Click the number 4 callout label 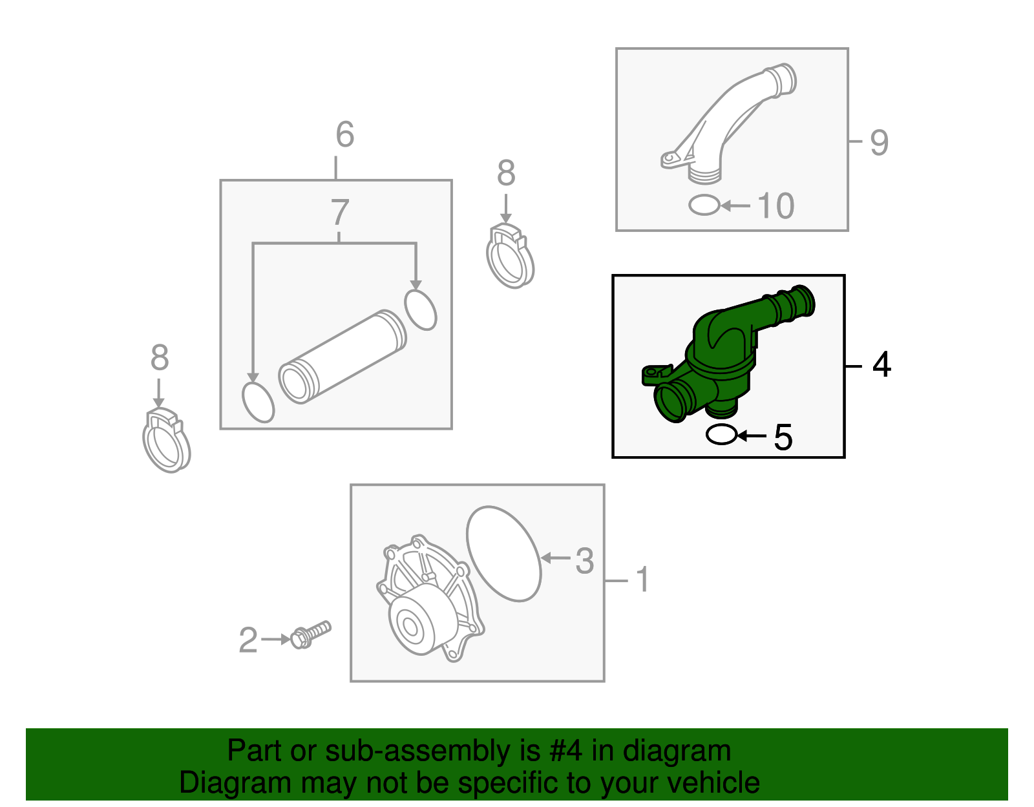(881, 365)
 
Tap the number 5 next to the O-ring (783, 437)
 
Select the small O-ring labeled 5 (721, 435)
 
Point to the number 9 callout (879, 142)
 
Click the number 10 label (775, 206)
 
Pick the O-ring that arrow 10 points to (704, 205)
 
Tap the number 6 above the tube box (344, 134)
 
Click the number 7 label (340, 212)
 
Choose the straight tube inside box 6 (343, 357)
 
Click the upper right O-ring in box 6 (421, 310)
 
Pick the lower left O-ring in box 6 (258, 402)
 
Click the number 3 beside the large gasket (584, 561)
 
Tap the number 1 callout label (642, 580)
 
